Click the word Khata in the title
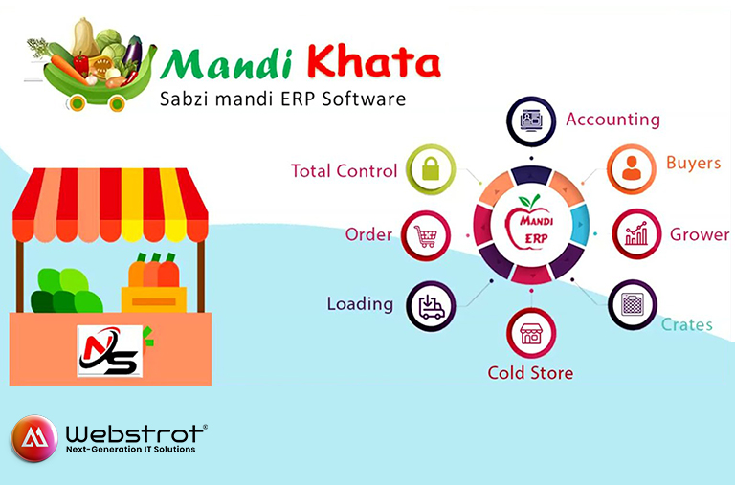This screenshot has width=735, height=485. [373, 62]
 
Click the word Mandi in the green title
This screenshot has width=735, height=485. [227, 64]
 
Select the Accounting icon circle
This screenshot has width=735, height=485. [531, 121]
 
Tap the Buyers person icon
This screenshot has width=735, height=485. [632, 167]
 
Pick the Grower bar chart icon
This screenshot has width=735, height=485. [636, 233]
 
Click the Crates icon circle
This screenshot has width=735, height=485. [633, 305]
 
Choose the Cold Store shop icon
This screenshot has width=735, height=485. [530, 334]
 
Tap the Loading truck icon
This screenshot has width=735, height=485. [431, 306]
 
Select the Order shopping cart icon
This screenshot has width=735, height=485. [426, 236]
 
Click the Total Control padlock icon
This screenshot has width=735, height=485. [431, 169]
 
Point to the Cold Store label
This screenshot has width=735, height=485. [530, 373]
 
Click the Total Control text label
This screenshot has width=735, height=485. [345, 171]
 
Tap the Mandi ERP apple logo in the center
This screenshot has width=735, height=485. [530, 224]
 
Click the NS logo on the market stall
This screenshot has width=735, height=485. [110, 351]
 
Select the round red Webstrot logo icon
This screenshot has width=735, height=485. [34, 438]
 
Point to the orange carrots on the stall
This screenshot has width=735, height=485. [154, 271]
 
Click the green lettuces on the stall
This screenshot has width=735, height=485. [67, 291]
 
